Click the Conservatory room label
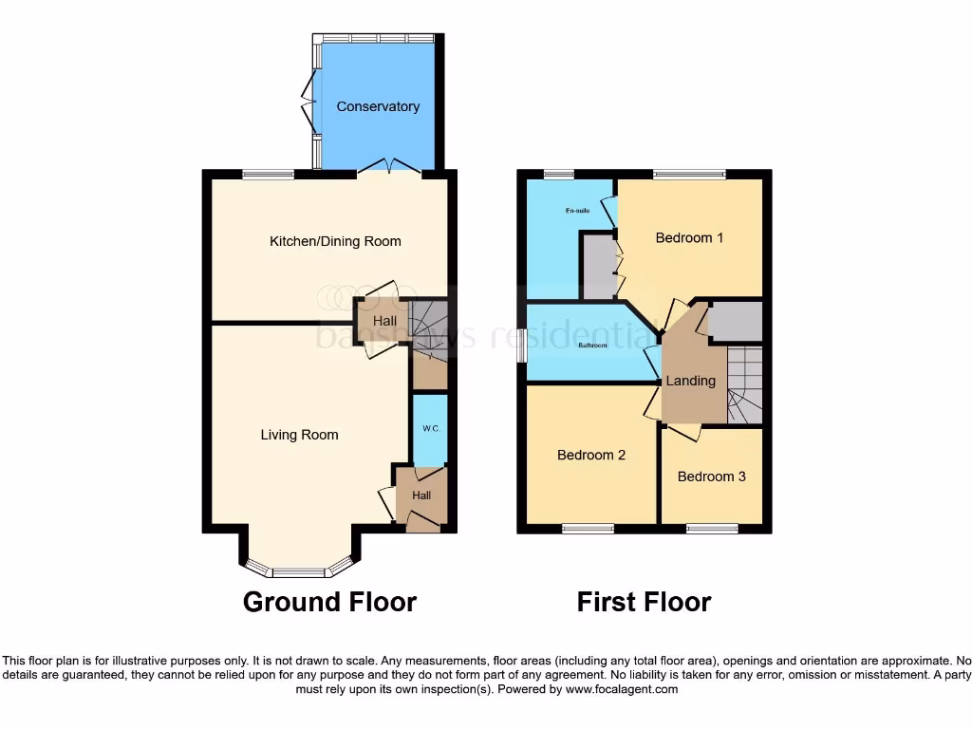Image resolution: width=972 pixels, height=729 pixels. pyautogui.click(x=378, y=106)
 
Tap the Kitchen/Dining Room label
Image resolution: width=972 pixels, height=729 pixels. pyautogui.click(x=335, y=241)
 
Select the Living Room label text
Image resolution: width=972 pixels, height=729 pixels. pyautogui.click(x=299, y=435)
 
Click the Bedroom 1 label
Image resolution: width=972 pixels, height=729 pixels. pyautogui.click(x=689, y=237)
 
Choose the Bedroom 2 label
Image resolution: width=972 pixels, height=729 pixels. pyautogui.click(x=590, y=455)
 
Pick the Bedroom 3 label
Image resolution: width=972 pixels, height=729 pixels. pyautogui.click(x=711, y=477)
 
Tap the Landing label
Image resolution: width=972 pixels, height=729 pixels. pyautogui.click(x=690, y=381)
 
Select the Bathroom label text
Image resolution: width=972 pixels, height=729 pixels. pyautogui.click(x=592, y=346)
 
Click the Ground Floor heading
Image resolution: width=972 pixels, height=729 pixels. pyautogui.click(x=329, y=602)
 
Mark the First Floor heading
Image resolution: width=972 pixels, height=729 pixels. pyautogui.click(x=644, y=602)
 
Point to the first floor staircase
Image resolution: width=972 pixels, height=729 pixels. pyautogui.click(x=745, y=384)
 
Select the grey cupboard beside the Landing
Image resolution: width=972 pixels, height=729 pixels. pyautogui.click(x=735, y=323)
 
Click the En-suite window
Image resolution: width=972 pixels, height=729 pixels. pyautogui.click(x=559, y=175)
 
